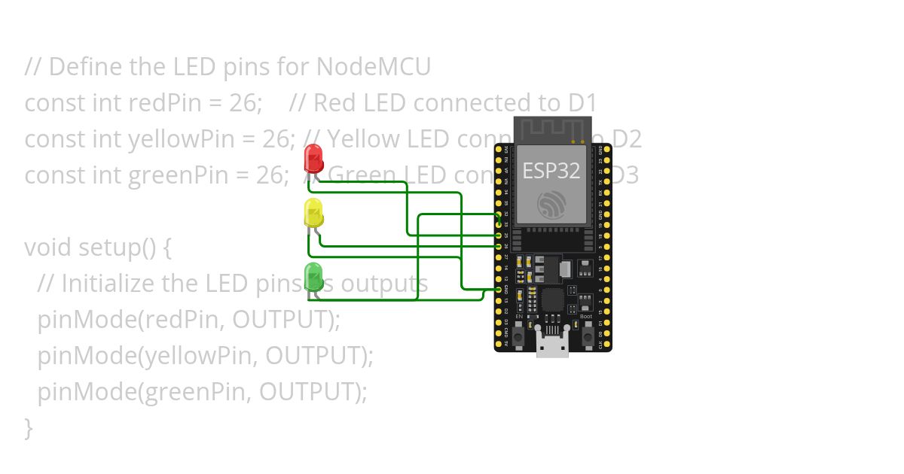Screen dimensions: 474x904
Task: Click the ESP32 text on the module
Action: click(551, 171)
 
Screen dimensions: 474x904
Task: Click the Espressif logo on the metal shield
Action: click(551, 205)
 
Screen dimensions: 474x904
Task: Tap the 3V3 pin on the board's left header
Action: click(499, 343)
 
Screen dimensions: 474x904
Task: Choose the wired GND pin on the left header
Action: click(499, 290)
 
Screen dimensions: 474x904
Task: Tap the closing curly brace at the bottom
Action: click(29, 428)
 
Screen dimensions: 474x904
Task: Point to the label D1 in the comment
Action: click(582, 103)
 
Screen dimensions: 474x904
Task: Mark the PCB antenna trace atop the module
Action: click(551, 128)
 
